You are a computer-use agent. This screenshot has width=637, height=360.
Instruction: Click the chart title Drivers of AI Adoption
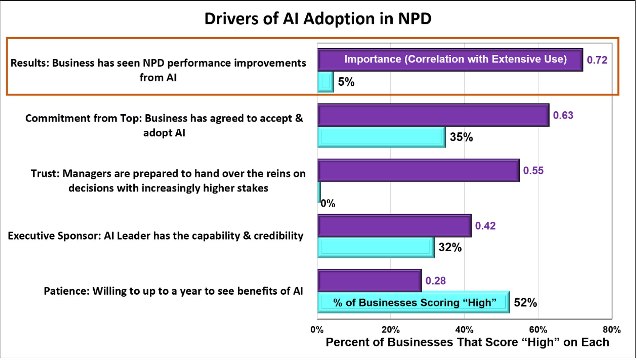(318, 19)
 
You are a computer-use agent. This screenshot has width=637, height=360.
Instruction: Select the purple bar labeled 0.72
(450, 60)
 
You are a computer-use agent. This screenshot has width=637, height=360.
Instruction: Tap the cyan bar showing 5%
(326, 82)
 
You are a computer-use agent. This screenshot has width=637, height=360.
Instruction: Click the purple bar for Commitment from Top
(433, 115)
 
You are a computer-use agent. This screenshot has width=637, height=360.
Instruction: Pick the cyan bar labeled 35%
(381, 137)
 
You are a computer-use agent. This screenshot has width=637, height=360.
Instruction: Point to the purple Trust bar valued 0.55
(418, 170)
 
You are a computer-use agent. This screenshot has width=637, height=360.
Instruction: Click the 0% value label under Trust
(328, 204)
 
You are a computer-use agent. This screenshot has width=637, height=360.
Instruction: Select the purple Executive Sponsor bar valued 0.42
(394, 226)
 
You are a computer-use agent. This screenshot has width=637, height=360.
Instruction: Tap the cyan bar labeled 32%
(376, 248)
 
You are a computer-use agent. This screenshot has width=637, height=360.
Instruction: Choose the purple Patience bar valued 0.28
(369, 281)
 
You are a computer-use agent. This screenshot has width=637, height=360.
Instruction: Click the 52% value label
(525, 302)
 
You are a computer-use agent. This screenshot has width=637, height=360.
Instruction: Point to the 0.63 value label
(563, 115)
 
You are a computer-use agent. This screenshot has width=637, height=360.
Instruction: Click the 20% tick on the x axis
(391, 330)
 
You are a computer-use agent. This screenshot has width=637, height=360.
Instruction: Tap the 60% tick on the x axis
(538, 330)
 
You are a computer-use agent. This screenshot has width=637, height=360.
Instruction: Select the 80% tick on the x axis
(611, 330)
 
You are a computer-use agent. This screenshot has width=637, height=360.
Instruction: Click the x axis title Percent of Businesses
(467, 342)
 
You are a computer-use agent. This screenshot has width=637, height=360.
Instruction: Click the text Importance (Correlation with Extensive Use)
(455, 59)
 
